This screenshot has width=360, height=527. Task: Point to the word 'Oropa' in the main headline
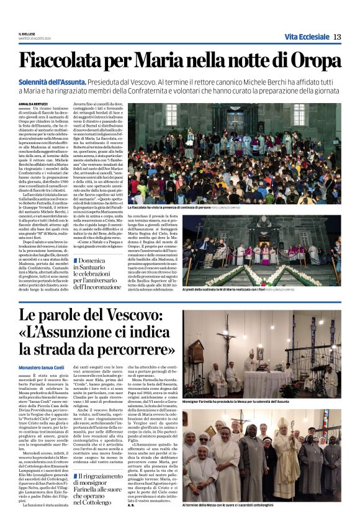314,61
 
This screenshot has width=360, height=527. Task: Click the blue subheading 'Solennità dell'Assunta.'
53,82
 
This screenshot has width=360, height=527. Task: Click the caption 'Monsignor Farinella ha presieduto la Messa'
253,402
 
